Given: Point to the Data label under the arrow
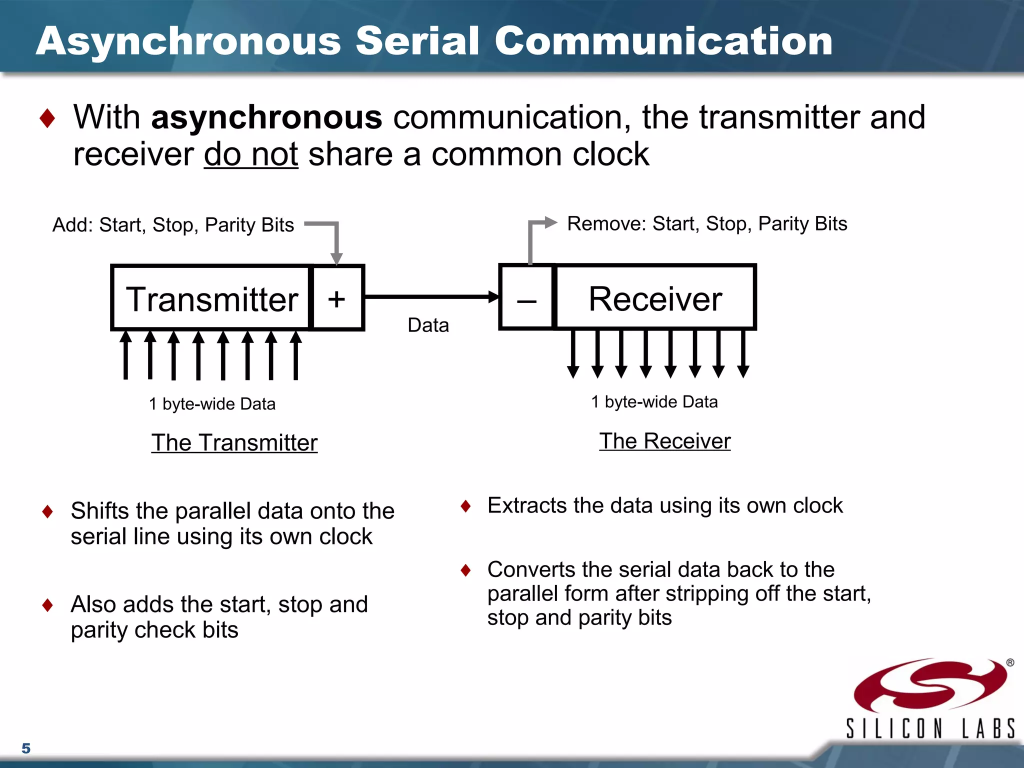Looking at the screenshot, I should pyautogui.click(x=428, y=325).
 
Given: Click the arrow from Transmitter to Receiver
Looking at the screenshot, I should pyautogui.click(x=430, y=296).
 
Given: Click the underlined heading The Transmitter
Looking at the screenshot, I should pyautogui.click(x=234, y=442).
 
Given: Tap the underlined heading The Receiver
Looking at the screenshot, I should pyautogui.click(x=664, y=441).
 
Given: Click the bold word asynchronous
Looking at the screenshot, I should pyautogui.click(x=266, y=117).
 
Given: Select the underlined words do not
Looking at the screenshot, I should pyautogui.click(x=251, y=154).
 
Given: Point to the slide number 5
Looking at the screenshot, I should pyautogui.click(x=26, y=748).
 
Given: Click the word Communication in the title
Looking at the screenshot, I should pyautogui.click(x=663, y=41).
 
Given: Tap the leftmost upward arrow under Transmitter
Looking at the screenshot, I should pyautogui.click(x=126, y=355).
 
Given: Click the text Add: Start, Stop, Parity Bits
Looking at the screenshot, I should pyautogui.click(x=173, y=225).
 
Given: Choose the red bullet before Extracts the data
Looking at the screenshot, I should pyautogui.click(x=466, y=506).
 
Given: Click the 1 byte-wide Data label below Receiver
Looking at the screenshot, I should pyautogui.click(x=654, y=402).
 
